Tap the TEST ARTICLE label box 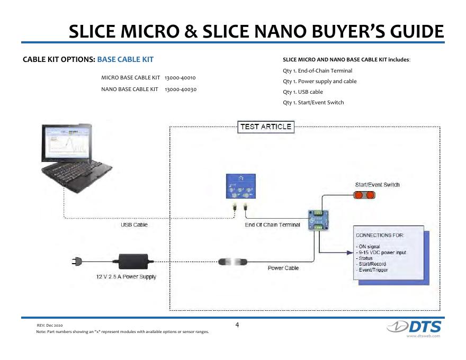click(266, 127)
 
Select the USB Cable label click(134, 224)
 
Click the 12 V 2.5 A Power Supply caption click(126, 277)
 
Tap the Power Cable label click(283, 268)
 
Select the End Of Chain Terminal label click(272, 224)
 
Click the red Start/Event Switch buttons click(364, 195)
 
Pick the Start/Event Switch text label click(377, 185)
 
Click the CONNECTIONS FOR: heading click(380, 235)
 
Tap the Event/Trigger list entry click(373, 270)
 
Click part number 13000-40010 click(181, 78)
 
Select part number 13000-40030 click(181, 89)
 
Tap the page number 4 click(237, 325)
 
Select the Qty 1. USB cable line click(303, 92)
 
